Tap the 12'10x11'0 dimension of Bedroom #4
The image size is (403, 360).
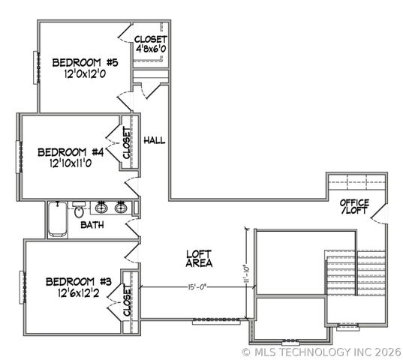click(x=75, y=162)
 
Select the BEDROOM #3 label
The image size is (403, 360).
click(x=78, y=282)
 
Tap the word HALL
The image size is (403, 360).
click(x=154, y=140)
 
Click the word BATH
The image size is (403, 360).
click(x=92, y=225)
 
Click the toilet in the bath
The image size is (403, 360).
click(x=79, y=209)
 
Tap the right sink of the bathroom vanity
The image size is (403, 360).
click(x=122, y=208)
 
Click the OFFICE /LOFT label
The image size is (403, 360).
click(x=354, y=208)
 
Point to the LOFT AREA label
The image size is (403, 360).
click(x=199, y=259)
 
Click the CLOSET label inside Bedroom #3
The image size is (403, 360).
click(x=127, y=301)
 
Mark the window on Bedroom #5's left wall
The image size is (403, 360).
click(x=34, y=70)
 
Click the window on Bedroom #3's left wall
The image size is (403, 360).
click(x=22, y=286)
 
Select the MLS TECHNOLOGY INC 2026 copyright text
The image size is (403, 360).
click(x=322, y=351)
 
